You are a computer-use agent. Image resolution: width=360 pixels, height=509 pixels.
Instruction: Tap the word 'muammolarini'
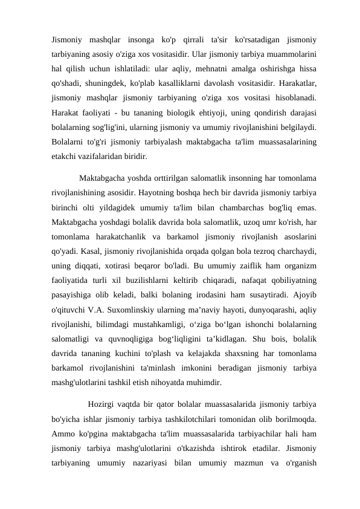286,54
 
